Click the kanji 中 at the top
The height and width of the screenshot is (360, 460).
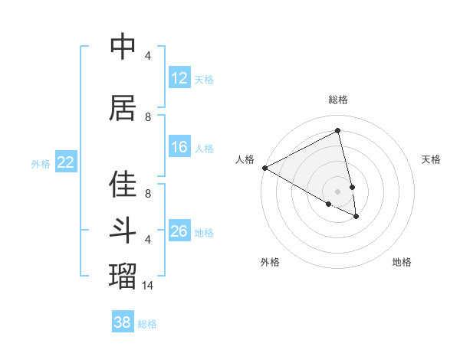(x=123, y=47)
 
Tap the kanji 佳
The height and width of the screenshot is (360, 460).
(x=123, y=185)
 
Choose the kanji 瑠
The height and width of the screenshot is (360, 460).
(x=123, y=274)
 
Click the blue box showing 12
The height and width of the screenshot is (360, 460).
(x=179, y=78)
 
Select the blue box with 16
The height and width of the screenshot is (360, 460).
(x=179, y=147)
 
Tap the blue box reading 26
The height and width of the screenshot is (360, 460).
(x=179, y=231)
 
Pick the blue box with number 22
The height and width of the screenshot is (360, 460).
(x=66, y=162)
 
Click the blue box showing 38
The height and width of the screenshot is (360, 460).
(x=123, y=322)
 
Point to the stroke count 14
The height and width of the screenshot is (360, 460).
(x=148, y=286)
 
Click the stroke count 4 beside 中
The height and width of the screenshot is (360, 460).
(x=148, y=56)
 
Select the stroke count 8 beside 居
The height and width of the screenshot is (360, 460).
(x=148, y=117)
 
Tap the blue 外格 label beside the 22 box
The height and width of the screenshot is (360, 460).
(x=41, y=163)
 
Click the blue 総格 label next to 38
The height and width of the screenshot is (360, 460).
(x=147, y=323)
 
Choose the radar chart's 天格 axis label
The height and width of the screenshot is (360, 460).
(x=432, y=159)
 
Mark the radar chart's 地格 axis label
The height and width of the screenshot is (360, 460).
(x=402, y=262)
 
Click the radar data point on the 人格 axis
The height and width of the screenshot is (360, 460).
(x=264, y=167)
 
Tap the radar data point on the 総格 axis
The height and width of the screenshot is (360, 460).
(x=337, y=131)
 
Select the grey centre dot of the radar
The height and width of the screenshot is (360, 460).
(x=337, y=191)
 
